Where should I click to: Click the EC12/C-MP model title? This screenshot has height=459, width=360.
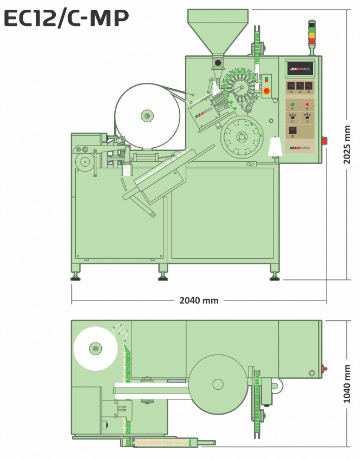(66, 19)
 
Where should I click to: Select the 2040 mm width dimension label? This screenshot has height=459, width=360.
(199, 300)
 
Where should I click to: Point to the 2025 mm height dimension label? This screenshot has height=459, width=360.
(347, 145)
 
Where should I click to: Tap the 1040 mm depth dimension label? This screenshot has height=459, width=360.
(347, 383)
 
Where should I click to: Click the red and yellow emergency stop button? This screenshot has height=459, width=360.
(266, 91)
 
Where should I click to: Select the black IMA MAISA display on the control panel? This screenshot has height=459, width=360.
(300, 68)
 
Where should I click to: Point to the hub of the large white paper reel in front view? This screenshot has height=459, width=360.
(147, 115)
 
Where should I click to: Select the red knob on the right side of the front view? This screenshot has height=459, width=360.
(325, 141)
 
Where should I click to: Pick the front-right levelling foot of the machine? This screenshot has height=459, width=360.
(275, 277)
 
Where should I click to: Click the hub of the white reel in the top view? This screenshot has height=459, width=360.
(95, 349)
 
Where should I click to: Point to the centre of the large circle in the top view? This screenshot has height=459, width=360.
(218, 384)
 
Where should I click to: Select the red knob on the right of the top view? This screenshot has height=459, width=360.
(324, 369)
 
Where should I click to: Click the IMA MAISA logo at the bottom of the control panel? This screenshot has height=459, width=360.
(300, 148)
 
